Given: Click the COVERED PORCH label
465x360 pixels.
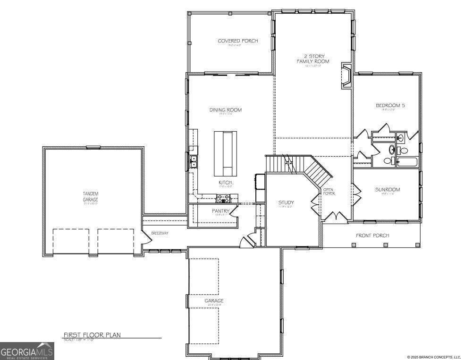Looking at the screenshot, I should tap(237, 41).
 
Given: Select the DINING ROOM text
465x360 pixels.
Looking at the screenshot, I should tap(225, 110).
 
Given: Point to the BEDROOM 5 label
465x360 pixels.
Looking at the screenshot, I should tap(390, 106).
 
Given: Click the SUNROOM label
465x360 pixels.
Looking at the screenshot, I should tap(387, 190).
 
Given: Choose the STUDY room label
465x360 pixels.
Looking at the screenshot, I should tap(286, 203).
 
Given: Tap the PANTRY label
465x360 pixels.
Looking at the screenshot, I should tap(220, 211).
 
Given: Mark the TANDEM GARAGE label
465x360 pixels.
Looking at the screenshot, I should tap(90, 196).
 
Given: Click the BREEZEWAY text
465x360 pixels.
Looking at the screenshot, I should tap(160, 234).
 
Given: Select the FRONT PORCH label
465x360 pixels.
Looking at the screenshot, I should tap(372, 235).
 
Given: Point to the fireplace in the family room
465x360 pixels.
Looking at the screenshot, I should tap(346, 76).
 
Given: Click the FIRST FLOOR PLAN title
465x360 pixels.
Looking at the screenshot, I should tap(92, 335).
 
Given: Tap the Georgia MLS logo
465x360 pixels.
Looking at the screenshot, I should tap(27, 351).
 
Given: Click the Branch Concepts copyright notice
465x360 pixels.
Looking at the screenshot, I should tap(433, 357).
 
